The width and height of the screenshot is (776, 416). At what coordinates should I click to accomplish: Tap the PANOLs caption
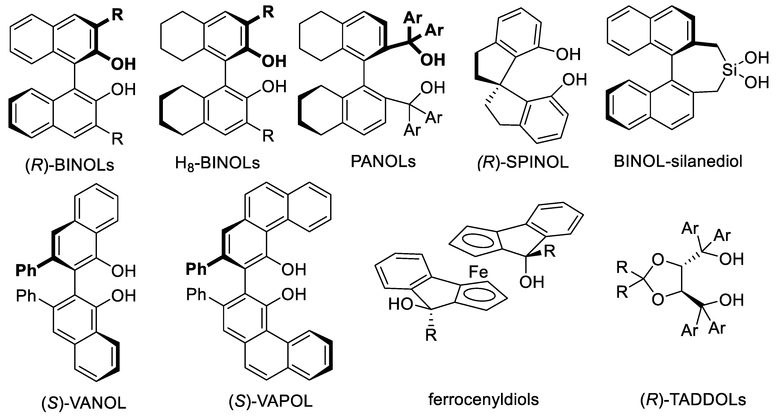(383, 162)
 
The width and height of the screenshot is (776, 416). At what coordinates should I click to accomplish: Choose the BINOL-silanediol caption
(678, 162)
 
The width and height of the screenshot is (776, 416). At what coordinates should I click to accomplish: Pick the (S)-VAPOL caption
(270, 402)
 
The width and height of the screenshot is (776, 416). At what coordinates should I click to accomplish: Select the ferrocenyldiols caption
(484, 400)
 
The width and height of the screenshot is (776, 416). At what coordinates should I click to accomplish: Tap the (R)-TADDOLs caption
(693, 400)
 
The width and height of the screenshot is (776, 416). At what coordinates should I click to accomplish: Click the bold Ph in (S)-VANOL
(26, 271)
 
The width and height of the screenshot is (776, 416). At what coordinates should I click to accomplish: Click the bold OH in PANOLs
(432, 60)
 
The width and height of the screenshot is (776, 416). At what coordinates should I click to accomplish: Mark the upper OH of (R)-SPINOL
(568, 54)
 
